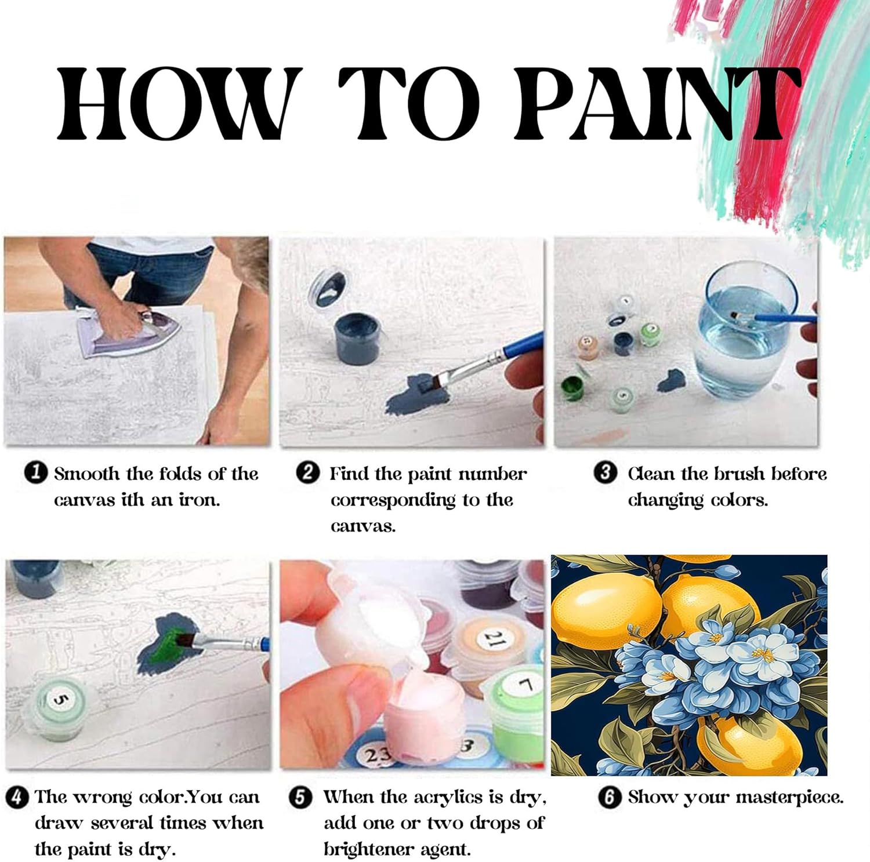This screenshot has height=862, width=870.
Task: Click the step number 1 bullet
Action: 36,472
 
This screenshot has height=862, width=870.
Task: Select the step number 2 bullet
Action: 308,472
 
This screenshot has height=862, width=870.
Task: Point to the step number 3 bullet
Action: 606,472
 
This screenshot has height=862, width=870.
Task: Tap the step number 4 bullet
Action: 18,797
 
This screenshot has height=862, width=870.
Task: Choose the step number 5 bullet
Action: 300,797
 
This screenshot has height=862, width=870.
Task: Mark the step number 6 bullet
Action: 609,797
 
